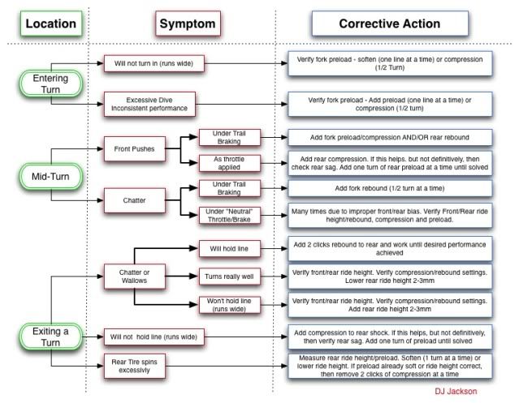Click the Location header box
click(51, 24)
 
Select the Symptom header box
click(188, 24)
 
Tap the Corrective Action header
click(390, 24)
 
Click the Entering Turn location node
click(50, 84)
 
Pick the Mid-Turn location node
click(50, 177)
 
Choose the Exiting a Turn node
click(50, 337)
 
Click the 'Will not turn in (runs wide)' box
click(154, 63)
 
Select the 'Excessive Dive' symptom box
click(149, 104)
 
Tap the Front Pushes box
click(134, 149)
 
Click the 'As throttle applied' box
click(229, 163)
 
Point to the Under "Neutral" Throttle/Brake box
click(229, 216)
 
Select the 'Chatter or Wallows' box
click(134, 277)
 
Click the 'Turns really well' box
click(229, 277)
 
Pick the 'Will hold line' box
click(229, 249)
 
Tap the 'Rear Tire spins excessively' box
click(134, 366)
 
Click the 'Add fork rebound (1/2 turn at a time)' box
click(390, 188)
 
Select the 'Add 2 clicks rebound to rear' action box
click(390, 249)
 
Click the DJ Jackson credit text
click(456, 392)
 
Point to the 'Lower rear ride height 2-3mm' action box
click(390, 277)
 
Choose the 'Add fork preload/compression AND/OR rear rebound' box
click(390, 137)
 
